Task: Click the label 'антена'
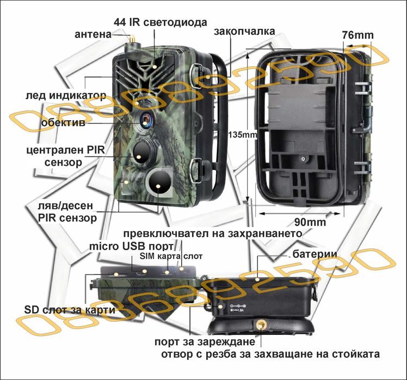click(x=93, y=35)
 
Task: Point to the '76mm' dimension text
click(x=357, y=35)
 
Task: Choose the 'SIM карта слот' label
click(x=171, y=256)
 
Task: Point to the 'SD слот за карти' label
click(x=70, y=310)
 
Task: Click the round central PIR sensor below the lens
click(x=140, y=154)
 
